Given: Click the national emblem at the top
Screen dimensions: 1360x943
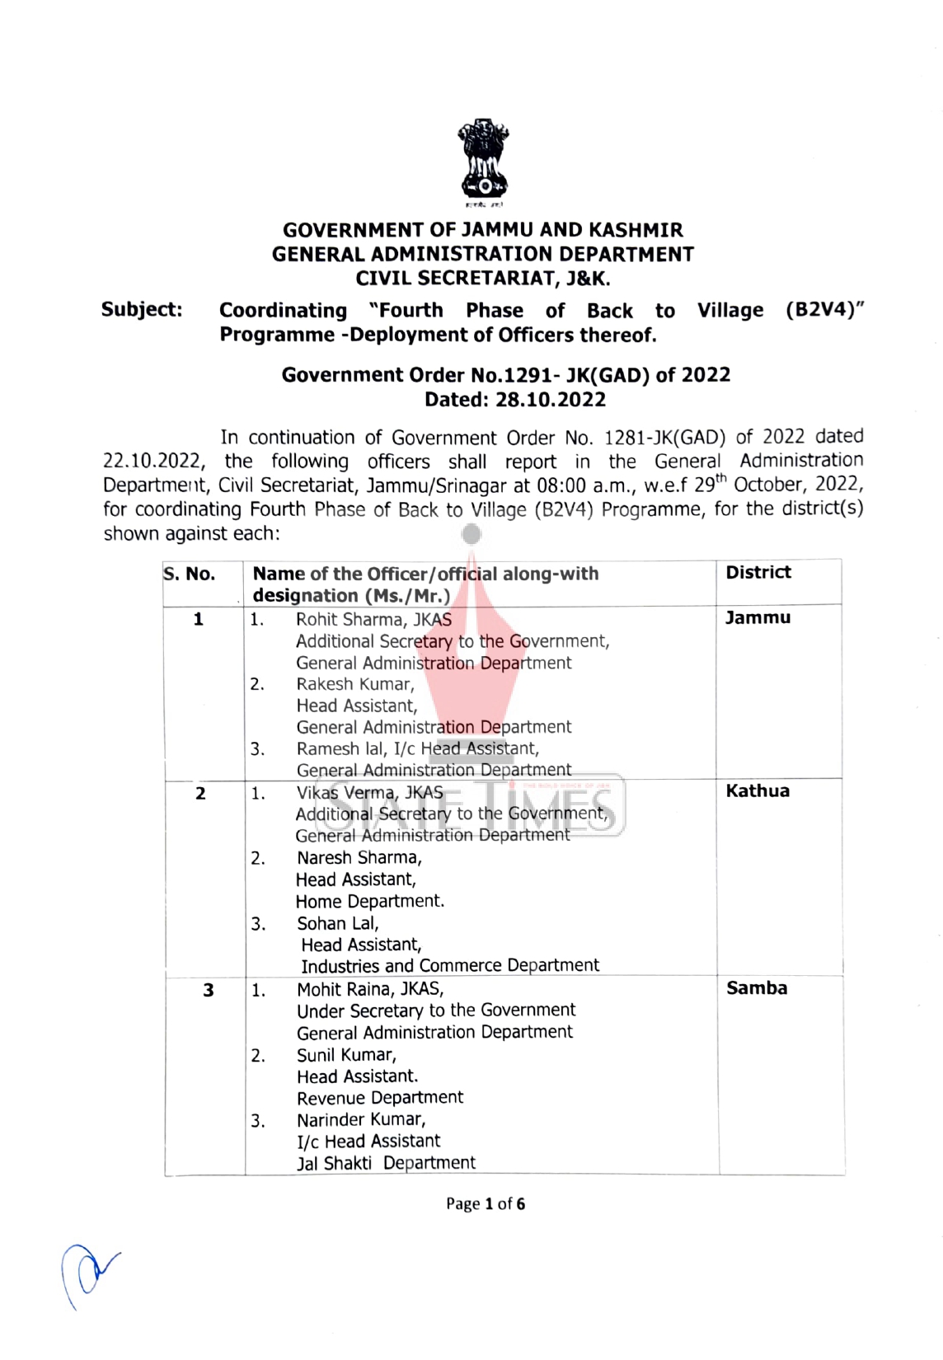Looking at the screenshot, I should tap(483, 162).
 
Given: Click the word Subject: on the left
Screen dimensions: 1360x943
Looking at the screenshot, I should tap(142, 310).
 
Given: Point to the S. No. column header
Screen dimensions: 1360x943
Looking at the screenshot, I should tap(190, 574).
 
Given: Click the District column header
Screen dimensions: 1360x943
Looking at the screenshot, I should tap(758, 572).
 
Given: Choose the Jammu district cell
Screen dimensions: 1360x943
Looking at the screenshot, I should tap(758, 618).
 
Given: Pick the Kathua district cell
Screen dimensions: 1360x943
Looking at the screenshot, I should tap(758, 791).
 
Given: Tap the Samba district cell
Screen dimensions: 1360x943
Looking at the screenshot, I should tap(756, 988).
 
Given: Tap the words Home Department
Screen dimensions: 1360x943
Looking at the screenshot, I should tap(369, 902).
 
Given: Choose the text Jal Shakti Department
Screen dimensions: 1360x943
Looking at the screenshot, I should tap(386, 1163).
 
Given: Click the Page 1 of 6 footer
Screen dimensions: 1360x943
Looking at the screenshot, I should tap(485, 1204).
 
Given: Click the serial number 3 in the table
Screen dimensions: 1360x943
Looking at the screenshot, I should tap(209, 990).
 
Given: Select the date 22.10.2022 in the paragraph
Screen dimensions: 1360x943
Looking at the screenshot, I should tap(153, 462).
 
